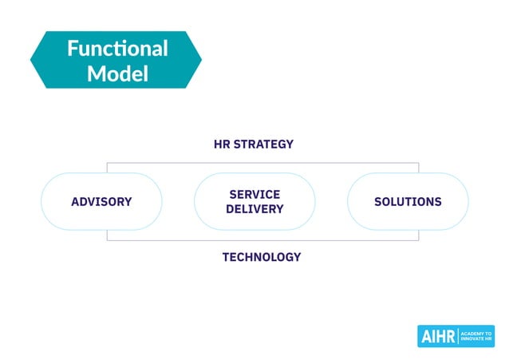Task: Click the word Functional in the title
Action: tap(117, 49)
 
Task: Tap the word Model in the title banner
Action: tap(117, 74)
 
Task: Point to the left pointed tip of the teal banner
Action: tap(31, 60)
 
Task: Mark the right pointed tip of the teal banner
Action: tap(201, 60)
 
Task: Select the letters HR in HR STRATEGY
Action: tap(223, 144)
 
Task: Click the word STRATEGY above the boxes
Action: tap(264, 144)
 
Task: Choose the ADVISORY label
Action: tap(101, 202)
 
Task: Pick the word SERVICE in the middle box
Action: tap(254, 194)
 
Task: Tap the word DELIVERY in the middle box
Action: tap(254, 209)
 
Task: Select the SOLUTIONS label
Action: tap(408, 202)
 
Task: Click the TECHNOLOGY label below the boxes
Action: tap(262, 257)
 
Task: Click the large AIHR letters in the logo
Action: tap(438, 337)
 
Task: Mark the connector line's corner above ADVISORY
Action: tap(108, 163)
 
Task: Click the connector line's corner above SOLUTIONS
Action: tap(418, 163)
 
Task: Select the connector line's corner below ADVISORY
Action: tap(108, 239)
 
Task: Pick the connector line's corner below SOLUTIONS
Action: tap(418, 239)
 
